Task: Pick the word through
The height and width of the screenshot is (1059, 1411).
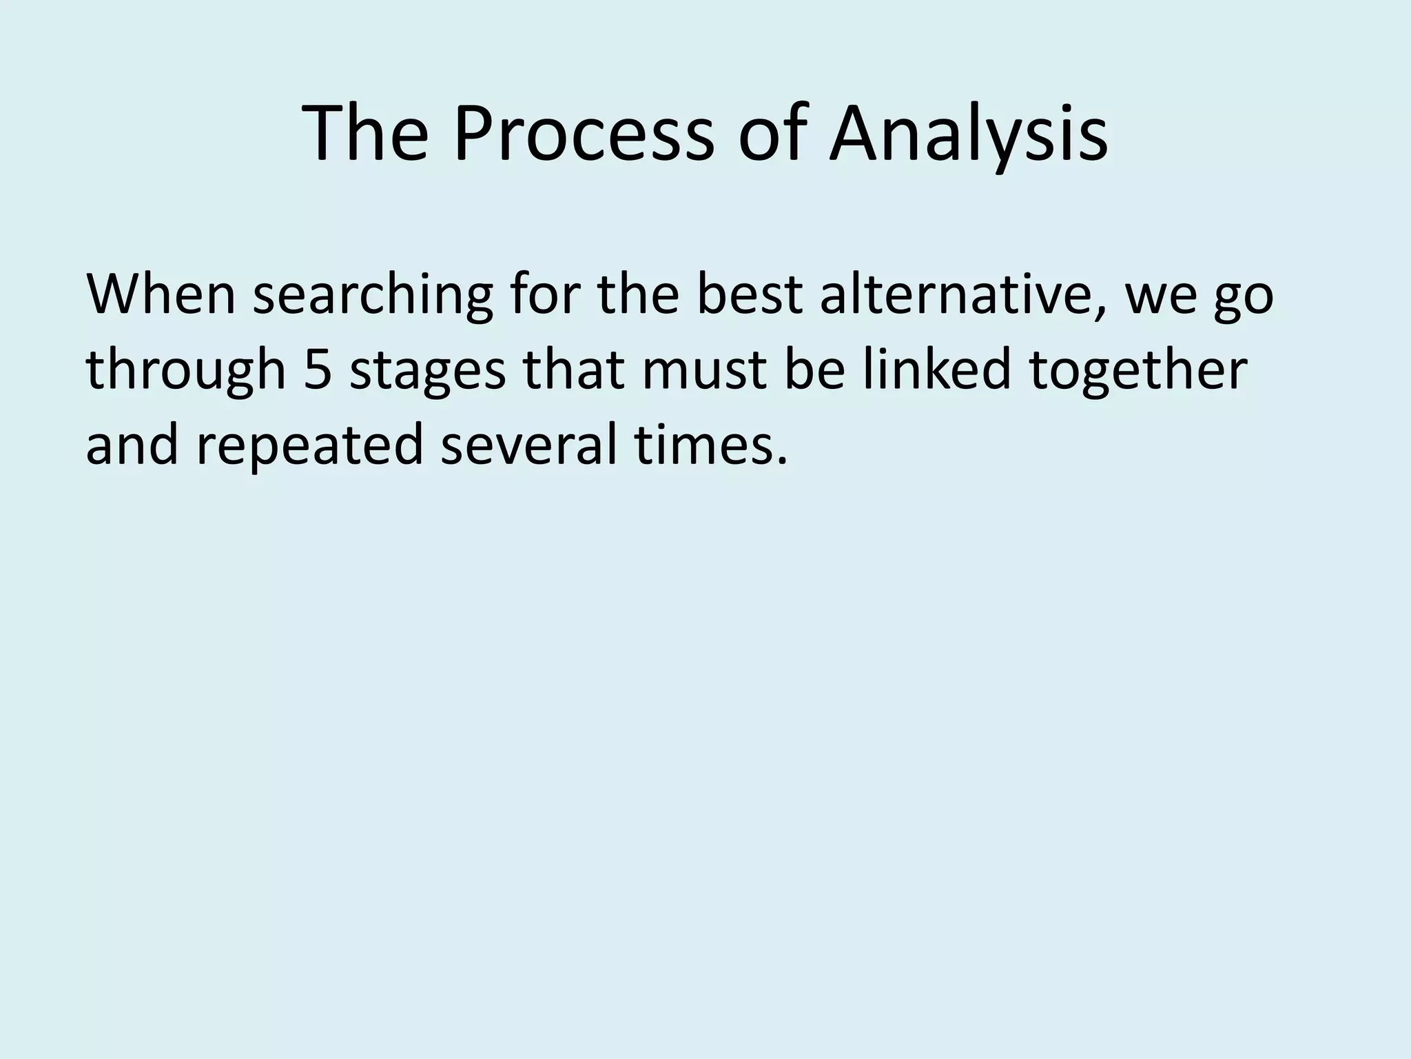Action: [185, 370]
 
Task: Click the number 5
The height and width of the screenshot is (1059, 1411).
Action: [318, 370]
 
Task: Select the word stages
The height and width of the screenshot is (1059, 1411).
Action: [427, 370]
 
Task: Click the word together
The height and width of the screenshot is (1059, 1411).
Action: [1138, 370]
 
